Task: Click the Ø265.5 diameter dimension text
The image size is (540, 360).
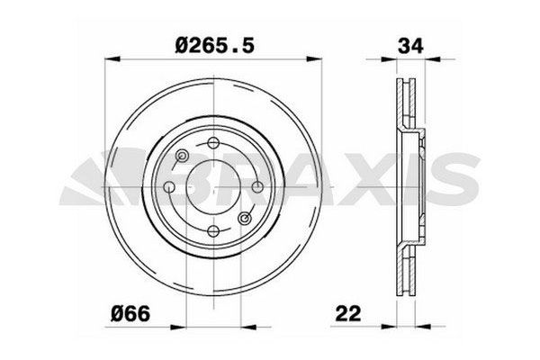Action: pyautogui.click(x=212, y=42)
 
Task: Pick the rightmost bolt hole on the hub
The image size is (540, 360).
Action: pyautogui.click(x=256, y=186)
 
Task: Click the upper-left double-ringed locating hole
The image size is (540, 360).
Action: pyautogui.click(x=183, y=157)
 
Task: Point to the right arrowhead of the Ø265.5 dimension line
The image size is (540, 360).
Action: pyautogui.click(x=315, y=59)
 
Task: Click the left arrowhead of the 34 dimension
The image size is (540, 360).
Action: pyautogui.click(x=395, y=59)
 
